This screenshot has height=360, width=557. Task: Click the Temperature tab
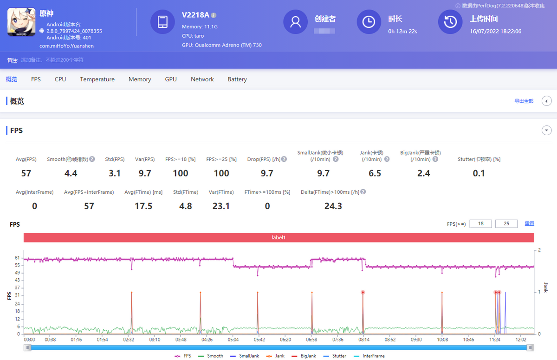pos(97,79)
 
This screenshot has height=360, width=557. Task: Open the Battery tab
pos(237,79)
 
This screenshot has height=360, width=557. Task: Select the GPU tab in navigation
pos(171,79)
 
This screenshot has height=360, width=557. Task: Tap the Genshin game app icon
pos(21,22)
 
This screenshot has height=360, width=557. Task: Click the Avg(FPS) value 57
pos(26,173)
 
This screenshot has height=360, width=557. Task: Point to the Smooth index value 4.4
pos(71,173)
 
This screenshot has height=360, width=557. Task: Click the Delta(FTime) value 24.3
pos(333,206)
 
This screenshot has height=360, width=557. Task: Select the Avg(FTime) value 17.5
pos(143,206)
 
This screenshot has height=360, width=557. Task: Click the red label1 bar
pos(278,237)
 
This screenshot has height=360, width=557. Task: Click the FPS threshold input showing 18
pos(481,224)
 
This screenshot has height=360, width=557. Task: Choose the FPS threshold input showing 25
pos(506,224)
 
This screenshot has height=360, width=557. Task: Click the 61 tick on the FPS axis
pos(17,257)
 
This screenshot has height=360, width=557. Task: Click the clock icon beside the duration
pos(369,22)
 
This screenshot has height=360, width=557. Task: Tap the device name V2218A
pos(195,15)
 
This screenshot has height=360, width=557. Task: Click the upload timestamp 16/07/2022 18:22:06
pos(495,31)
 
